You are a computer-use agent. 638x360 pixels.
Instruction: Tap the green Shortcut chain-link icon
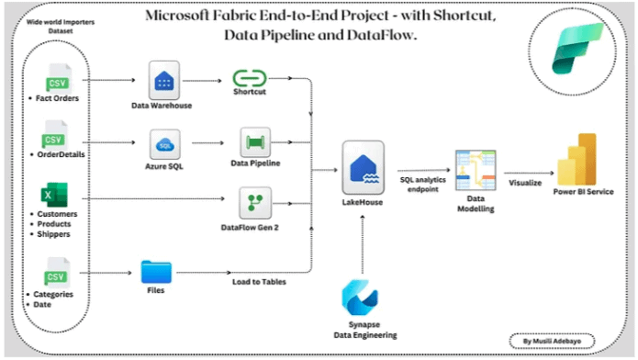249,80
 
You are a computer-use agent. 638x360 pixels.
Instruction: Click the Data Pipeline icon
254,142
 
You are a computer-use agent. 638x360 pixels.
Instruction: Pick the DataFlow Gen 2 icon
254,202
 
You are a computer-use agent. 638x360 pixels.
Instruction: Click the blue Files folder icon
156,272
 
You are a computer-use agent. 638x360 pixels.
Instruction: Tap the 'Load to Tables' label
258,281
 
